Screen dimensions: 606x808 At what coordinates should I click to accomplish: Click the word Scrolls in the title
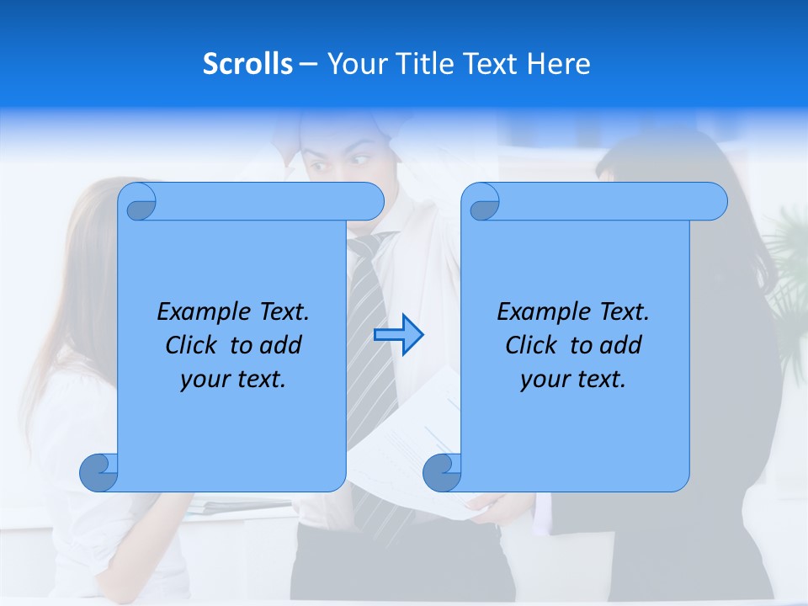(247, 63)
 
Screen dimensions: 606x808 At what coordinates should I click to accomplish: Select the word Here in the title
(559, 63)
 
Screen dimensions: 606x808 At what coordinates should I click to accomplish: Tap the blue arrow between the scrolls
(398, 334)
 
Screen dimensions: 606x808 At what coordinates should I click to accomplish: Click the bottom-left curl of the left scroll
(99, 472)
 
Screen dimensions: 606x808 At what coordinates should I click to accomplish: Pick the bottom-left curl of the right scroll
(443, 472)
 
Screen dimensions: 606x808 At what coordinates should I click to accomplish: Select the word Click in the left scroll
(193, 345)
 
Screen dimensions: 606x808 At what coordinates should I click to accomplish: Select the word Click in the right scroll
(532, 345)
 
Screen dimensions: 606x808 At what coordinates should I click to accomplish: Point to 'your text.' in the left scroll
(233, 379)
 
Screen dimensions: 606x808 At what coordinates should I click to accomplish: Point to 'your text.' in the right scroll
(573, 379)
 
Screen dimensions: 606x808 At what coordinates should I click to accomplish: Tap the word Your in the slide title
(354, 63)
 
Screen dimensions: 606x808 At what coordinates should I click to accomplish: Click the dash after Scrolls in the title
(308, 64)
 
